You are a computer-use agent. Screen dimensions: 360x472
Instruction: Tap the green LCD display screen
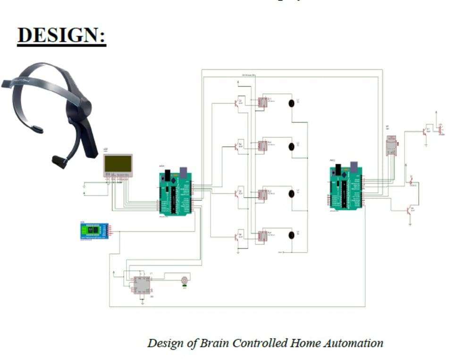pos(118,164)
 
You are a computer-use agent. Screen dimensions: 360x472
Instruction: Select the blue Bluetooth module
pos(94,231)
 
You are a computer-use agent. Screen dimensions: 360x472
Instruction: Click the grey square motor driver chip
pos(142,285)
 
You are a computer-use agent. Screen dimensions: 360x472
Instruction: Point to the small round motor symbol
pos(185,280)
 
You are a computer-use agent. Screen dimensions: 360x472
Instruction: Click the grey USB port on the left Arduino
pos(183,172)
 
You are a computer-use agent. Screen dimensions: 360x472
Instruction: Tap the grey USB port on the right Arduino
pos(354,166)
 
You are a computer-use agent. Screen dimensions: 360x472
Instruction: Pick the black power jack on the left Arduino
pos(167,177)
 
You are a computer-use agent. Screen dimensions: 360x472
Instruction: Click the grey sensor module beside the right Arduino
pos(391,146)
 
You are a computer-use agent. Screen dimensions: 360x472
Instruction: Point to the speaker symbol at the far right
pos(440,129)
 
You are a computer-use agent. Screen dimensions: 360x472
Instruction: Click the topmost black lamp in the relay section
pos(291,102)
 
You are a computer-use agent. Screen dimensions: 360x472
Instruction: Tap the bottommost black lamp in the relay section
pos(291,235)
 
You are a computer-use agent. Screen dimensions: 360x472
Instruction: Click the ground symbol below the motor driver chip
pos(142,301)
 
